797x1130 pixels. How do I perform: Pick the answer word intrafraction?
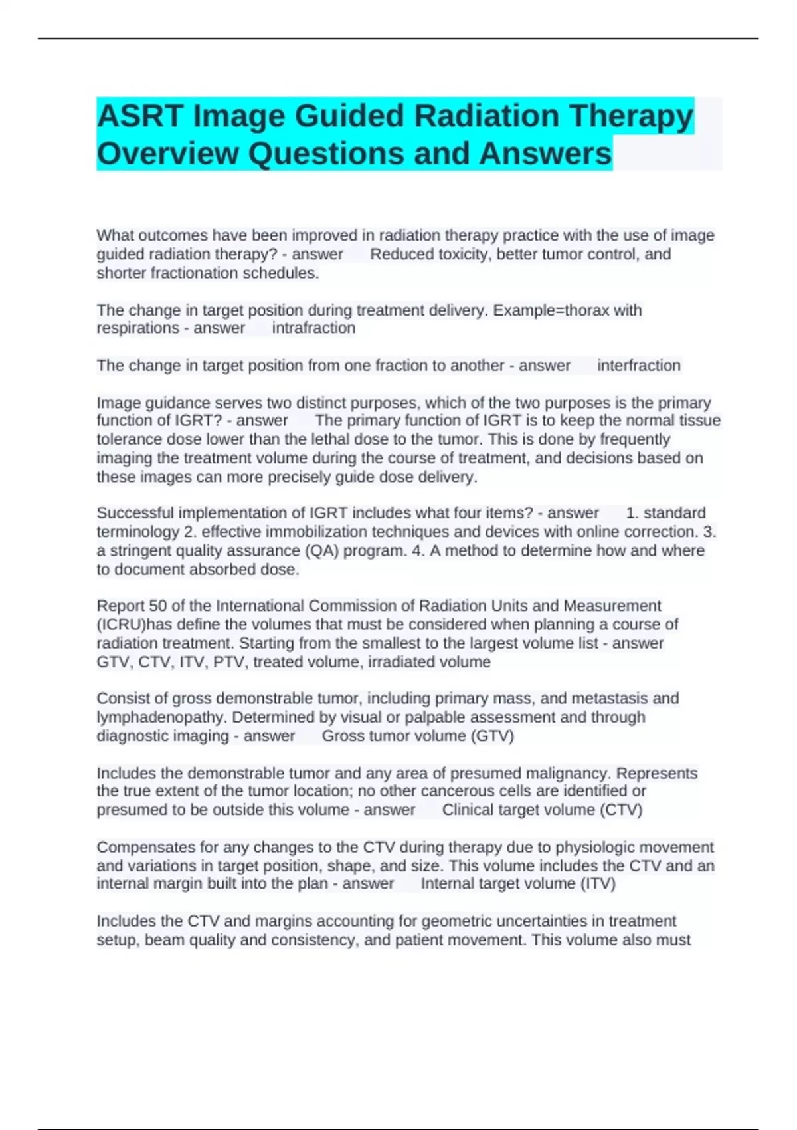(x=313, y=328)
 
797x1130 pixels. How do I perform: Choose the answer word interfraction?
(x=638, y=366)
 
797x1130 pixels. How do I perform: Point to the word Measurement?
(x=612, y=606)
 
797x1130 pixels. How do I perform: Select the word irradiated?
(x=400, y=662)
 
